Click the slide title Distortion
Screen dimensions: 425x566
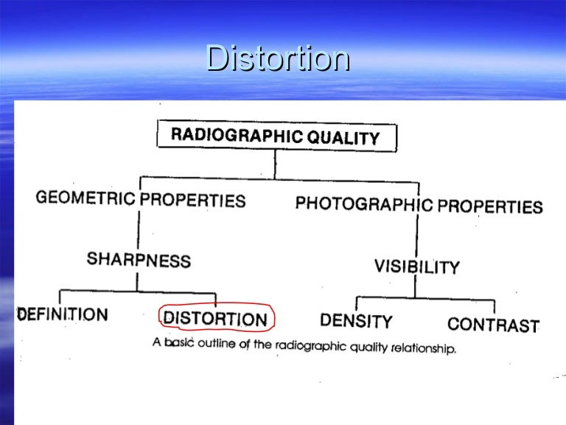tap(277, 59)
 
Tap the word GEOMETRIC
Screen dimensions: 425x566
tap(85, 199)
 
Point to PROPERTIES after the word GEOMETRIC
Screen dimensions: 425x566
tap(193, 201)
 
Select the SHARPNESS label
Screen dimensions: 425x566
tap(138, 259)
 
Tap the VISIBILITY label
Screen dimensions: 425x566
tap(416, 266)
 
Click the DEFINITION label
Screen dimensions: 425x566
tap(63, 314)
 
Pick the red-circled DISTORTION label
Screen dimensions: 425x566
tap(214, 319)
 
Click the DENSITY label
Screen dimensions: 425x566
tap(356, 321)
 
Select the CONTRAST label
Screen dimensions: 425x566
tap(493, 324)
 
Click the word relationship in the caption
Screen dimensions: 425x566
tap(417, 348)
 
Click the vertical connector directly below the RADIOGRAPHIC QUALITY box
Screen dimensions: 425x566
tap(275, 165)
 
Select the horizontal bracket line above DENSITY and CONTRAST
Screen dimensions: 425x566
tap(425, 298)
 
